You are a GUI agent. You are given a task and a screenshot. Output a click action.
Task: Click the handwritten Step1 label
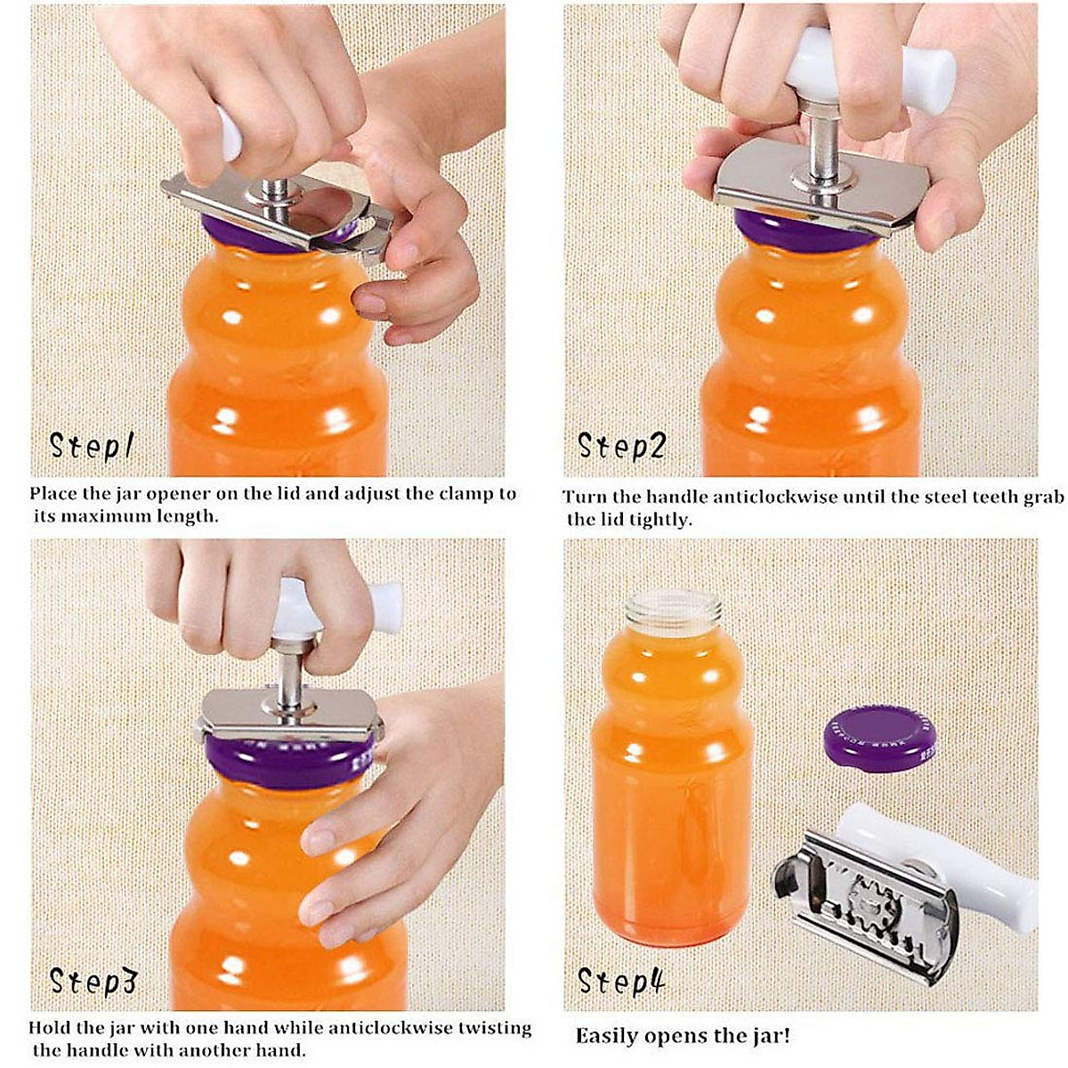pos(91,445)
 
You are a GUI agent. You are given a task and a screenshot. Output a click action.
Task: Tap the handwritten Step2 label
pos(621,445)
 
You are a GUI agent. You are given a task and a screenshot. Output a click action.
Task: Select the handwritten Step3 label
pos(93,981)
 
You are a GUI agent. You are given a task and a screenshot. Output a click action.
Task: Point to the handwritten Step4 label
pos(621,981)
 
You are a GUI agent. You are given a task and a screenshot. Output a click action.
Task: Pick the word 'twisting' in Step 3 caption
pos(494,1028)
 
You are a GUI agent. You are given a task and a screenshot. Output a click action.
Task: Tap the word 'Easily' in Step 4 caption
pos(606,1036)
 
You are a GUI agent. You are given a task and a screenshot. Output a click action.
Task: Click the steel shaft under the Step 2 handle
pos(816,142)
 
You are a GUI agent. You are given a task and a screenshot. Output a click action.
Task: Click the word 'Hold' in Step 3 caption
pos(49,1028)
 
